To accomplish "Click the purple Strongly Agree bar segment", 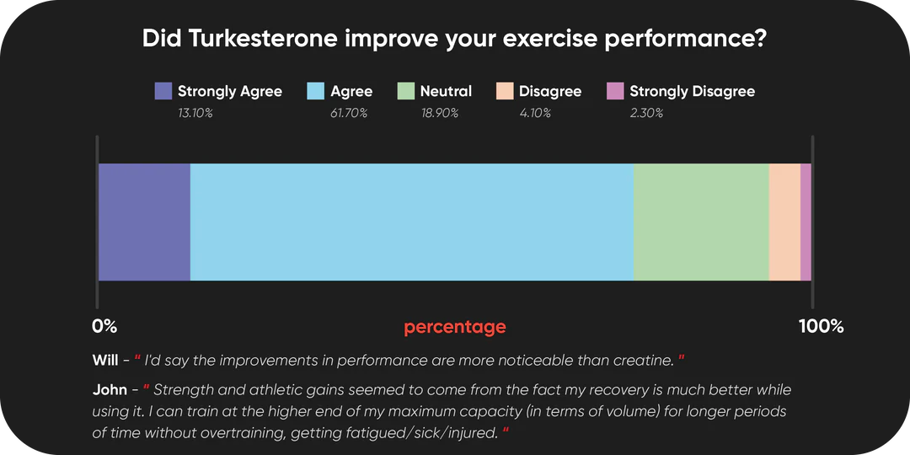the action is pos(145,222).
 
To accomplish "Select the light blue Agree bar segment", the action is pos(412,222).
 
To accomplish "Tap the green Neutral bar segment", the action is pos(701,222).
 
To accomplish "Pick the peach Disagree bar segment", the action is pos(784,222).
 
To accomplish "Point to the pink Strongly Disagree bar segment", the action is pos(806,222).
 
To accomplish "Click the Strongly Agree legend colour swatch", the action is pos(163,91).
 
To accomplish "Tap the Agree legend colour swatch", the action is pos(315,91).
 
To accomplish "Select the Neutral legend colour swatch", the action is pos(405,91).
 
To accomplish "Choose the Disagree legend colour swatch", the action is pos(505,91).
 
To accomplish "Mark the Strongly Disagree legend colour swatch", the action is pos(615,91).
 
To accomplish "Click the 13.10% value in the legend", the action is pos(195,113).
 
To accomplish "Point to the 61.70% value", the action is pos(349,113).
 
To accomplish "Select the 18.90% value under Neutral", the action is pos(440,113).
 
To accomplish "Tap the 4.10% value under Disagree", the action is pos(535,113).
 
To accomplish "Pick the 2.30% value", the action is pos(646,113).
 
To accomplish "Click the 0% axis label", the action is pos(105,327).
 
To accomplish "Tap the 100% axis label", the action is pos(822,327).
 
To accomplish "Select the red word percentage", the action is pos(455,328).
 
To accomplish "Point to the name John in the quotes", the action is pos(106,389).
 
